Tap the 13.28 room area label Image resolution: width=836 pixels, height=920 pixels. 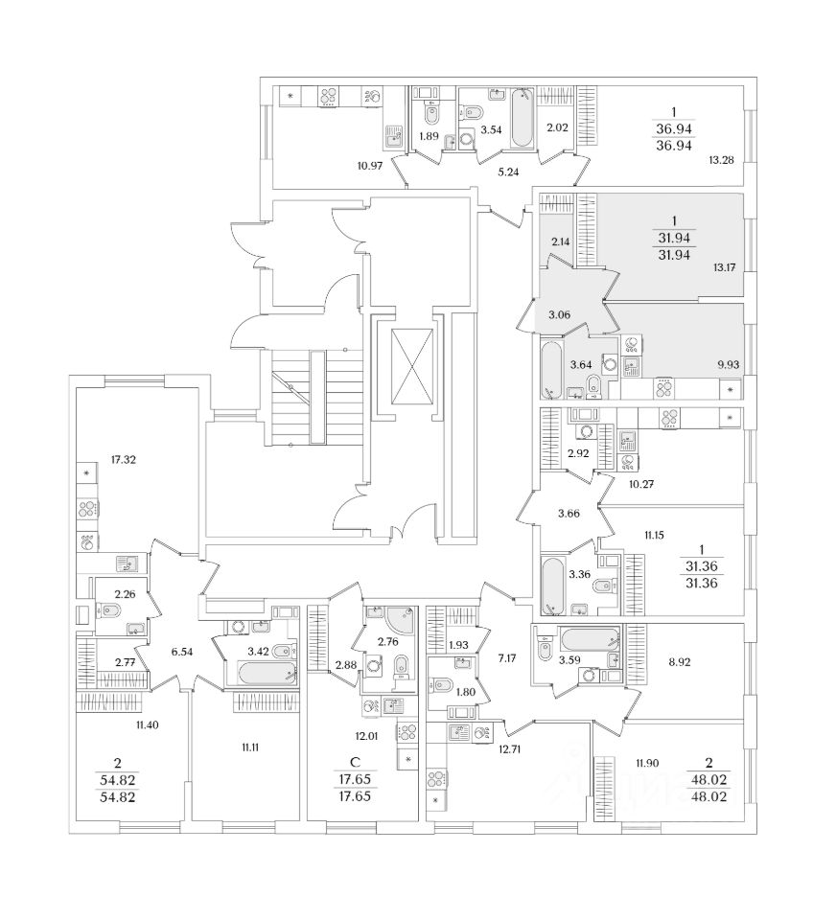tap(721, 159)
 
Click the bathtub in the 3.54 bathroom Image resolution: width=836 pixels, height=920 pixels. tap(521, 118)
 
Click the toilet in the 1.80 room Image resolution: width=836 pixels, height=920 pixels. tap(444, 685)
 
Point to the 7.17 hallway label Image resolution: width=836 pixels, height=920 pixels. tap(507, 658)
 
